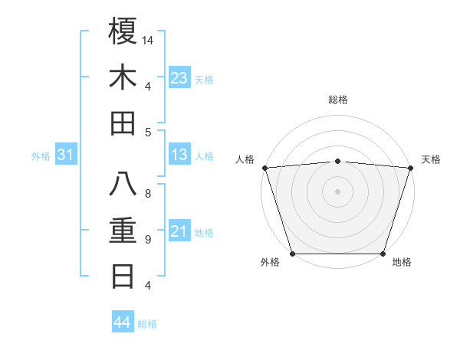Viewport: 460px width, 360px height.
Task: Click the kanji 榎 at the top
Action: pyautogui.click(x=123, y=31)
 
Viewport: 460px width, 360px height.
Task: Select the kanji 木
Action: pyautogui.click(x=123, y=77)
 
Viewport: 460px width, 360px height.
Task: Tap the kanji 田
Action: pyautogui.click(x=123, y=123)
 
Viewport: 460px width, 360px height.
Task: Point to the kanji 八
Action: pyautogui.click(x=123, y=184)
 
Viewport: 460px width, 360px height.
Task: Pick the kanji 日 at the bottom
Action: pyautogui.click(x=123, y=276)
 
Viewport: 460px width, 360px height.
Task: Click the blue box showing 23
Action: pyautogui.click(x=179, y=78)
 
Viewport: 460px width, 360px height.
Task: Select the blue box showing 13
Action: pyautogui.click(x=179, y=155)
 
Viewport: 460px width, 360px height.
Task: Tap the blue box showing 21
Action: pyautogui.click(x=179, y=231)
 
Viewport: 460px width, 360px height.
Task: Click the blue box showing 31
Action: pyautogui.click(x=66, y=155)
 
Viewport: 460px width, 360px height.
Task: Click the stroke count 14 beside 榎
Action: pyautogui.click(x=149, y=40)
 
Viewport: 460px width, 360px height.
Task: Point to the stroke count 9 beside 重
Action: pyautogui.click(x=148, y=240)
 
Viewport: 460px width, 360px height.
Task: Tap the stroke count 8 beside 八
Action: pyautogui.click(x=148, y=194)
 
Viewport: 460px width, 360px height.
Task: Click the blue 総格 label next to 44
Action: pyautogui.click(x=147, y=324)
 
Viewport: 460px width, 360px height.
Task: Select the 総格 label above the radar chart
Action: pyautogui.click(x=337, y=100)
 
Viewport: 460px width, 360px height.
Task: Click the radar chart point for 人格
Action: pyautogui.click(x=264, y=167)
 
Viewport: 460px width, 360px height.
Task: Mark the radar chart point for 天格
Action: pyautogui.click(x=410, y=167)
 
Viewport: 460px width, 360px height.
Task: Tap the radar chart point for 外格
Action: pyautogui.click(x=292, y=253)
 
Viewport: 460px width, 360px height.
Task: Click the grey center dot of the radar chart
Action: pyautogui.click(x=337, y=191)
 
